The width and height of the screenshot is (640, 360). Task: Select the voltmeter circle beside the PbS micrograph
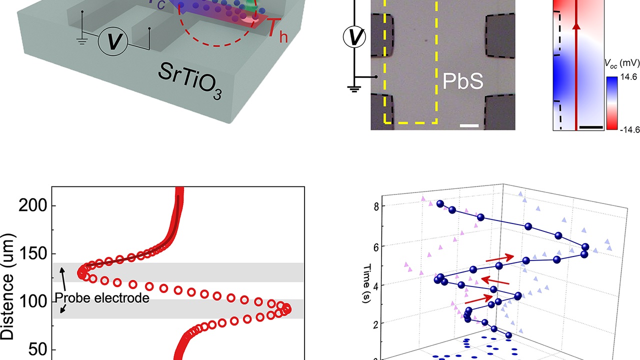(355, 36)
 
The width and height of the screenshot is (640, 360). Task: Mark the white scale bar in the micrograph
(469, 125)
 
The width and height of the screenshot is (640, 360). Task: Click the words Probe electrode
(102, 298)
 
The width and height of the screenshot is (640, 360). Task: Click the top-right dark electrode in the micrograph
(500, 35)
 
